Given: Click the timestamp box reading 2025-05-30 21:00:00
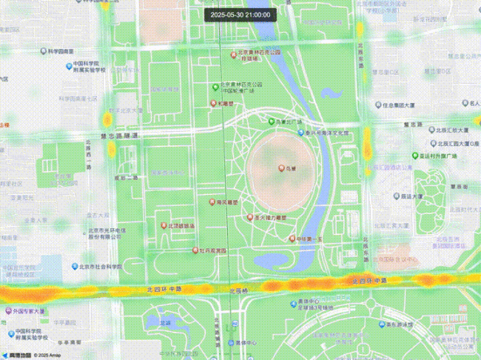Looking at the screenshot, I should pos(240,14).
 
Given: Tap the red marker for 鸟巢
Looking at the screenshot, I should pos(281,169).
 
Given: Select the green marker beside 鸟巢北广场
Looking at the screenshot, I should pos(271,121).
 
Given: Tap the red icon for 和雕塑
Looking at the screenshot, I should pos(214,104).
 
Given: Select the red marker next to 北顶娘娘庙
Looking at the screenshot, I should pos(164,225).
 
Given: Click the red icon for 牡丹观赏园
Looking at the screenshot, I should pos(195,251).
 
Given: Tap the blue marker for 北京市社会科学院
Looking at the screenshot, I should pos(75,266).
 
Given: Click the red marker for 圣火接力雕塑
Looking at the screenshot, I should pos(249,218).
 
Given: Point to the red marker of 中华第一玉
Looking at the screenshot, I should pos(292,239).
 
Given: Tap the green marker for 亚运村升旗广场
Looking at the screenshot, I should pos(415,156).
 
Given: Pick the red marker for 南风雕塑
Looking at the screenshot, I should pos(212,202).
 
